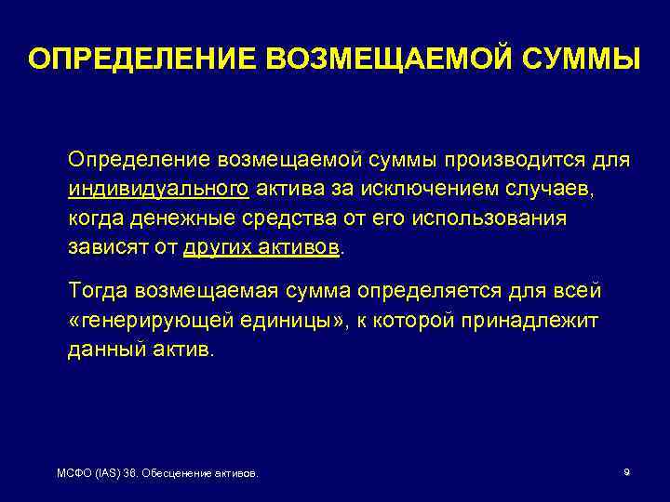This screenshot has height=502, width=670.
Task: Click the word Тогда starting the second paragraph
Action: (98, 291)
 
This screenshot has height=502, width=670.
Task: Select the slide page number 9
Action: (626, 472)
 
